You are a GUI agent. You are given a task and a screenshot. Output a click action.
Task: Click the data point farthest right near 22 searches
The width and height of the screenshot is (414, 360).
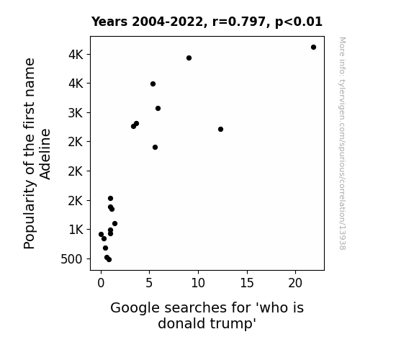[x=313, y=48]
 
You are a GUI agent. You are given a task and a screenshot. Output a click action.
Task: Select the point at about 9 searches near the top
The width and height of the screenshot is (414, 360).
[x=189, y=58]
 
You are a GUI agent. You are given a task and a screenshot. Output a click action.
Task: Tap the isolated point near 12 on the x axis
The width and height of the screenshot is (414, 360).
[x=221, y=129]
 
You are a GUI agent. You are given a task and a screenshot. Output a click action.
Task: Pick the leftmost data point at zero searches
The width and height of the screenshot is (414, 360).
[x=101, y=234]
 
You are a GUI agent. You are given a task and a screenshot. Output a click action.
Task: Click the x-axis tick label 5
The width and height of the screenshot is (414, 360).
[x=149, y=283]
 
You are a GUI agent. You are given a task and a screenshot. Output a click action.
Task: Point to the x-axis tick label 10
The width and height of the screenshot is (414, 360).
[x=198, y=283]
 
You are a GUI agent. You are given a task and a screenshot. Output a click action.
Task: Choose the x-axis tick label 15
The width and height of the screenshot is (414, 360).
[x=247, y=283]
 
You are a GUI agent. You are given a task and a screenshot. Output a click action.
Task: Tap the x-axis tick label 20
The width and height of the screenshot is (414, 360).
[x=295, y=283]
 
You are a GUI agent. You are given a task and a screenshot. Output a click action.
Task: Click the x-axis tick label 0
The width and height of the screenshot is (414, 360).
[x=101, y=283]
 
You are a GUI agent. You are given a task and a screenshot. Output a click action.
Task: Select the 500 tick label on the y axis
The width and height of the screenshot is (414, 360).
[x=71, y=259]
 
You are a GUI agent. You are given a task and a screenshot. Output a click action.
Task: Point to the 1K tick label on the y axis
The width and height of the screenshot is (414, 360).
[x=76, y=230]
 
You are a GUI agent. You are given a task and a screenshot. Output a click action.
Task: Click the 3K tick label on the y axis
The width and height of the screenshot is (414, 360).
[x=76, y=113]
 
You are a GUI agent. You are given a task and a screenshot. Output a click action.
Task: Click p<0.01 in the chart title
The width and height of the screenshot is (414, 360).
[x=299, y=22]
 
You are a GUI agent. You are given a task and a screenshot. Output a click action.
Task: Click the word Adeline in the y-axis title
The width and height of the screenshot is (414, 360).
[x=45, y=154]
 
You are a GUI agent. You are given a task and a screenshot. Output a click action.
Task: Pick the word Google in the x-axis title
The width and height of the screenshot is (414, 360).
[x=135, y=308]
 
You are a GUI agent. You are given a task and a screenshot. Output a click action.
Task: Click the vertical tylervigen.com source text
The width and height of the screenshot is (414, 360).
[x=342, y=143]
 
